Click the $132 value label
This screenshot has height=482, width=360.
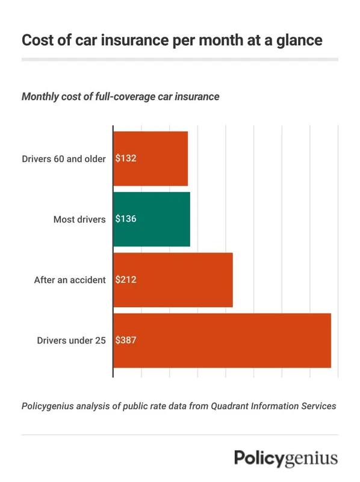[126, 159]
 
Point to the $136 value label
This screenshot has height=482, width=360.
[126, 219]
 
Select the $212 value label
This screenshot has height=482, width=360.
[126, 280]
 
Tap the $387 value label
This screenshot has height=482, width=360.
[126, 340]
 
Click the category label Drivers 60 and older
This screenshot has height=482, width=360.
[64, 159]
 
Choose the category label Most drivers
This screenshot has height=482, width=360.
[79, 219]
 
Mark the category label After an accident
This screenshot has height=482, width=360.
[70, 280]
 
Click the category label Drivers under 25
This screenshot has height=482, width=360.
[71, 340]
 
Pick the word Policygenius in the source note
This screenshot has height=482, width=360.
[50, 406]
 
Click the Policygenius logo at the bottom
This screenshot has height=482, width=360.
[286, 457]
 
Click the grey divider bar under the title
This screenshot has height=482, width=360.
[179, 59]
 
